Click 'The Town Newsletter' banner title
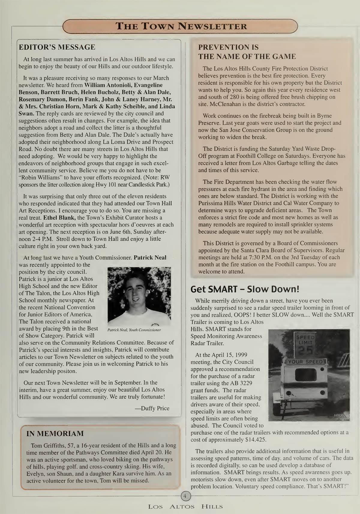(181, 26)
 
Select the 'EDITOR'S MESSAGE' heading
(57, 47)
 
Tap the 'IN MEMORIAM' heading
(55, 433)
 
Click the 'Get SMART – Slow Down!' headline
(245, 289)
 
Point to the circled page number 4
(185, 496)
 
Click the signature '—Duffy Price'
(152, 408)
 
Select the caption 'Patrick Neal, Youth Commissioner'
(134, 330)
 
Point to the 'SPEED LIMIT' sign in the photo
(305, 340)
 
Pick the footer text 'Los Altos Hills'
(185, 506)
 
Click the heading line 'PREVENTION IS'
(228, 47)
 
